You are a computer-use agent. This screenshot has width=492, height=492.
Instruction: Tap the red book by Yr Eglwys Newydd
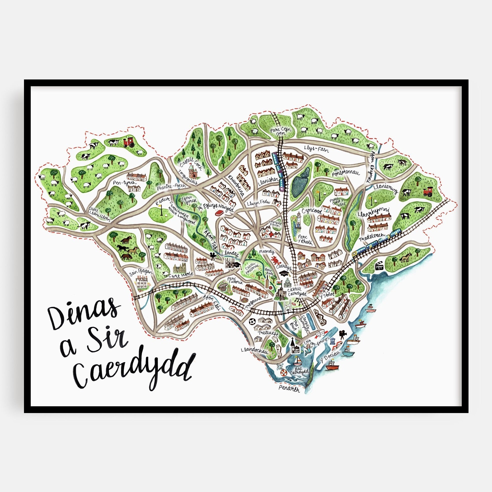(218, 213)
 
